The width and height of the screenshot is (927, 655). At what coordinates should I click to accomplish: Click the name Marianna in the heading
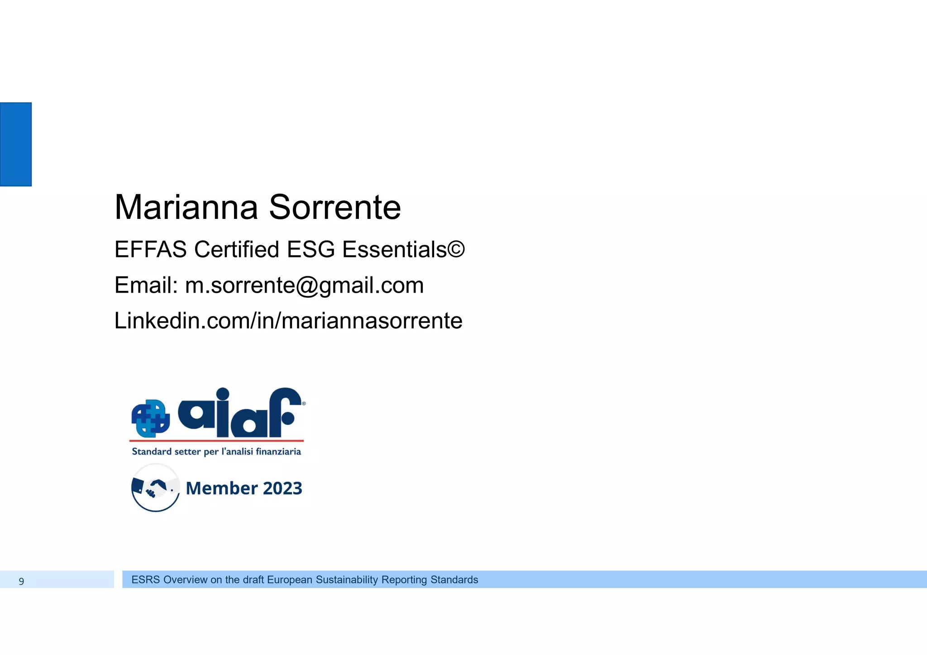[x=186, y=208]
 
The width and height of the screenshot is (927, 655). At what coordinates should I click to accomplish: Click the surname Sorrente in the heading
[x=335, y=208]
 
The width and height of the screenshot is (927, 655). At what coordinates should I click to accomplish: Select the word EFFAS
[x=150, y=249]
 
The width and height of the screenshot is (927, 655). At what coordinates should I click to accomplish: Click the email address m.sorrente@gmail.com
[x=304, y=285]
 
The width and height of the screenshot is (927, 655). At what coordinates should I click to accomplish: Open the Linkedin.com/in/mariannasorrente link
[x=288, y=321]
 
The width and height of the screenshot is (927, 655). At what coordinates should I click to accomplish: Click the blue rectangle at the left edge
[x=16, y=144]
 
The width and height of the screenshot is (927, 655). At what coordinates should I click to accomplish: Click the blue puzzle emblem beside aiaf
[x=150, y=418]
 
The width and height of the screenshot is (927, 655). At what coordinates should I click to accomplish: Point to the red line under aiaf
[x=216, y=440]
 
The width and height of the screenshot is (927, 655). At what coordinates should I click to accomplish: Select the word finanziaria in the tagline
[x=278, y=451]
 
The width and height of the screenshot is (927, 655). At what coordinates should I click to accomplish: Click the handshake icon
[x=155, y=488]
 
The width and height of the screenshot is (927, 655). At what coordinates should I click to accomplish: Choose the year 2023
[x=282, y=489]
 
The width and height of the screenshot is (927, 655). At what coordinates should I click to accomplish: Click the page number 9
[x=21, y=581]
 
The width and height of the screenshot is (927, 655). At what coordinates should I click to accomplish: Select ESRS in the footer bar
[x=146, y=580]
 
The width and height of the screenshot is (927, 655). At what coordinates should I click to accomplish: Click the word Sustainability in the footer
[x=347, y=580]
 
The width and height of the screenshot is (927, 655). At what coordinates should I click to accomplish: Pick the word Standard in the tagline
[x=152, y=451]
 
